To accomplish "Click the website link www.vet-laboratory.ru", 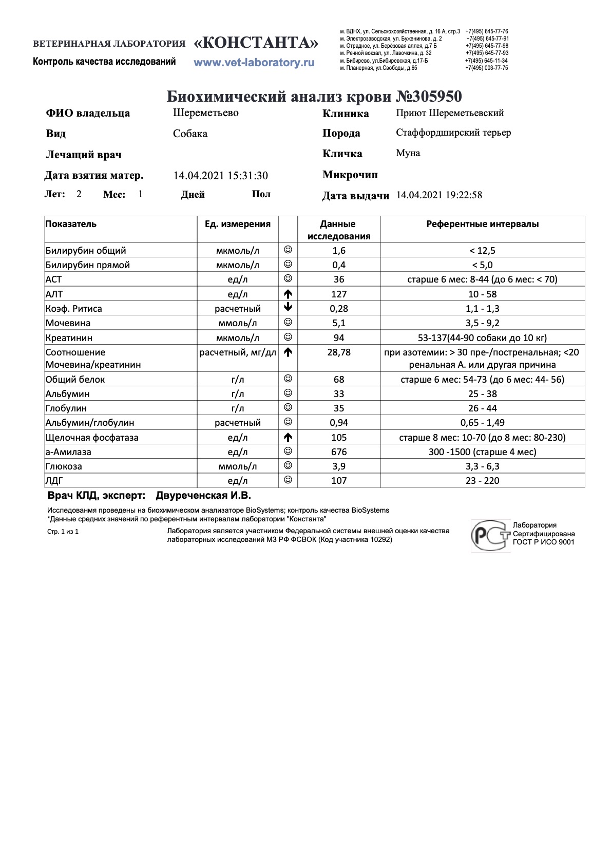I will click(254, 63).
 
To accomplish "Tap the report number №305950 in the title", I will click(429, 97).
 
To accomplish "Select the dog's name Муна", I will click(408, 153).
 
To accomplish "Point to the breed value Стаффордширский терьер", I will click(453, 133).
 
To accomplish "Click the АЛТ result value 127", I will click(339, 294).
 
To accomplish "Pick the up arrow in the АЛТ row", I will click(288, 294).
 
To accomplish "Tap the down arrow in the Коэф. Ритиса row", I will click(288, 308).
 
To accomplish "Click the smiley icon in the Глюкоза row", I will click(288, 466).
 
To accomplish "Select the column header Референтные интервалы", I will click(482, 224).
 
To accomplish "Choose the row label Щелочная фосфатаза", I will click(92, 438).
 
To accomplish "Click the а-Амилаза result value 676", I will click(339, 452).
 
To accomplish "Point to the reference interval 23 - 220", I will click(482, 481).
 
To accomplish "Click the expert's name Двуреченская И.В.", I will click(203, 496).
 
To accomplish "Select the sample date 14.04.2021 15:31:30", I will click(220, 176).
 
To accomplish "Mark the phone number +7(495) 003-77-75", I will click(486, 68).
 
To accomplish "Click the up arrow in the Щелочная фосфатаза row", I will click(288, 438).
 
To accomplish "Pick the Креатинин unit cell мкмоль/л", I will click(237, 338).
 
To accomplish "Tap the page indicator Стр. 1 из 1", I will click(63, 532).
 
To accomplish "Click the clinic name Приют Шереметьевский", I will click(450, 113).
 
